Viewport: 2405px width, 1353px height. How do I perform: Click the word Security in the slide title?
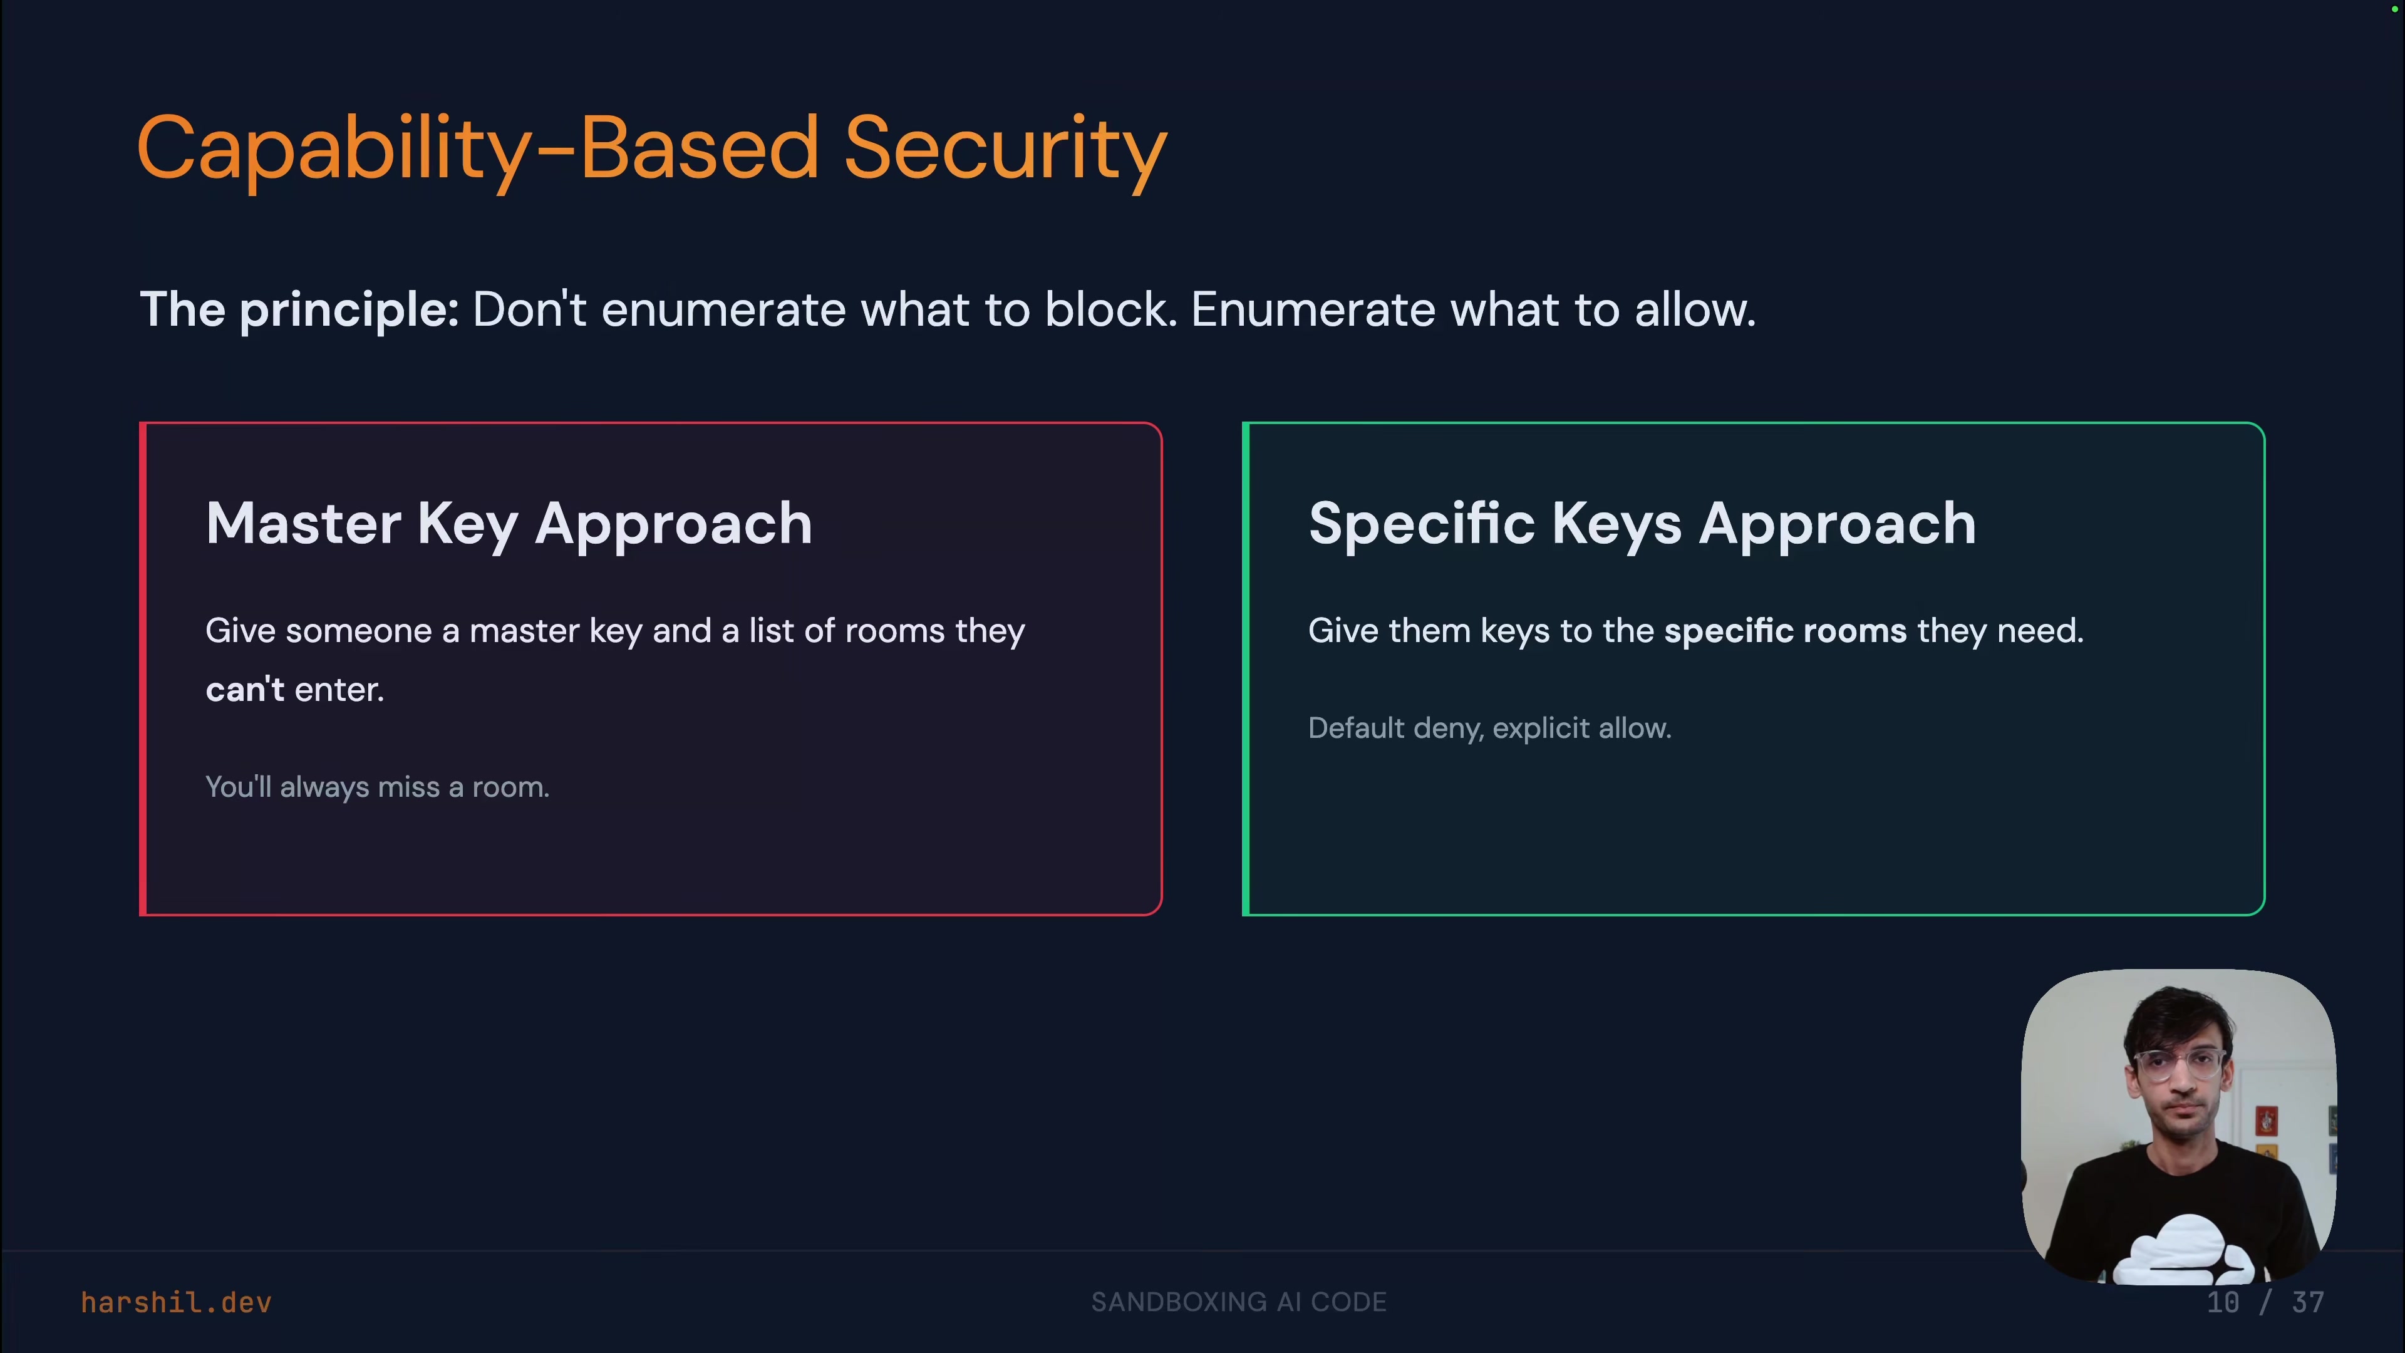click(x=1005, y=150)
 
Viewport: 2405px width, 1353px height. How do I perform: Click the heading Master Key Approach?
click(x=509, y=524)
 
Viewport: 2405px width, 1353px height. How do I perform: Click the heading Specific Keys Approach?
click(x=1642, y=524)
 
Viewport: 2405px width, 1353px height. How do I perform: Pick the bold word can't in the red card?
click(x=245, y=690)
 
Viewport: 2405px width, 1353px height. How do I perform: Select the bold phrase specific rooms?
click(x=1784, y=631)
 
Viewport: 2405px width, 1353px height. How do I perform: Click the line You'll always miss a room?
click(x=377, y=787)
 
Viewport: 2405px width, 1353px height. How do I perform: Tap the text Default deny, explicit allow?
click(x=1489, y=728)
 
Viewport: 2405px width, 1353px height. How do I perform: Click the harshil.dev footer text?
click(x=177, y=1303)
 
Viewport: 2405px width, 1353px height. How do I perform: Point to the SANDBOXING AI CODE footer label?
click(x=1239, y=1303)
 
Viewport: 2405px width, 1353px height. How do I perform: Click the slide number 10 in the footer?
click(x=2222, y=1303)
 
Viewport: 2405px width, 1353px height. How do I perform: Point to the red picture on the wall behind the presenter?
click(x=2266, y=1119)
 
